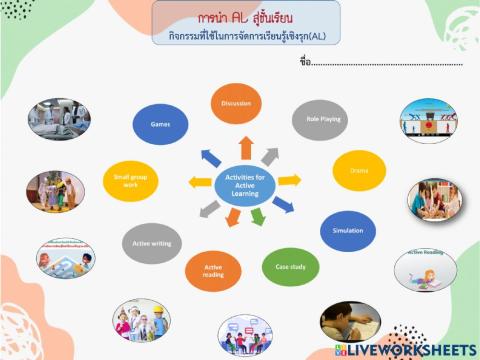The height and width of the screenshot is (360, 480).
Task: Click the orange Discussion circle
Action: point(237,103)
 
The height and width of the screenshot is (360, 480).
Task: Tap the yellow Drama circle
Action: point(359,171)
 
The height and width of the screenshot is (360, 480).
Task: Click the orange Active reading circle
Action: point(213,270)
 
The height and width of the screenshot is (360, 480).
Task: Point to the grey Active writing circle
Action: point(149,241)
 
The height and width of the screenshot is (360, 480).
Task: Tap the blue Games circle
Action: point(160,123)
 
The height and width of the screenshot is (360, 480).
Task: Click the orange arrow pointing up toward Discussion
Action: point(246,148)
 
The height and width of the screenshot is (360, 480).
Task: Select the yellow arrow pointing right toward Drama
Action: point(289,180)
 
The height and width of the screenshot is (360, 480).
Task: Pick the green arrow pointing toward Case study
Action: point(257,216)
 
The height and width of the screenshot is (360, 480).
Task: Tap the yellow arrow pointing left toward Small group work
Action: point(200,182)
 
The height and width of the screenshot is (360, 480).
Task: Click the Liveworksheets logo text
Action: point(410,348)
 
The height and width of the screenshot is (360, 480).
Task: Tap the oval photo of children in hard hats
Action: point(143,320)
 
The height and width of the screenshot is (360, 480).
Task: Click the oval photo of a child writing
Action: point(350,322)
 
